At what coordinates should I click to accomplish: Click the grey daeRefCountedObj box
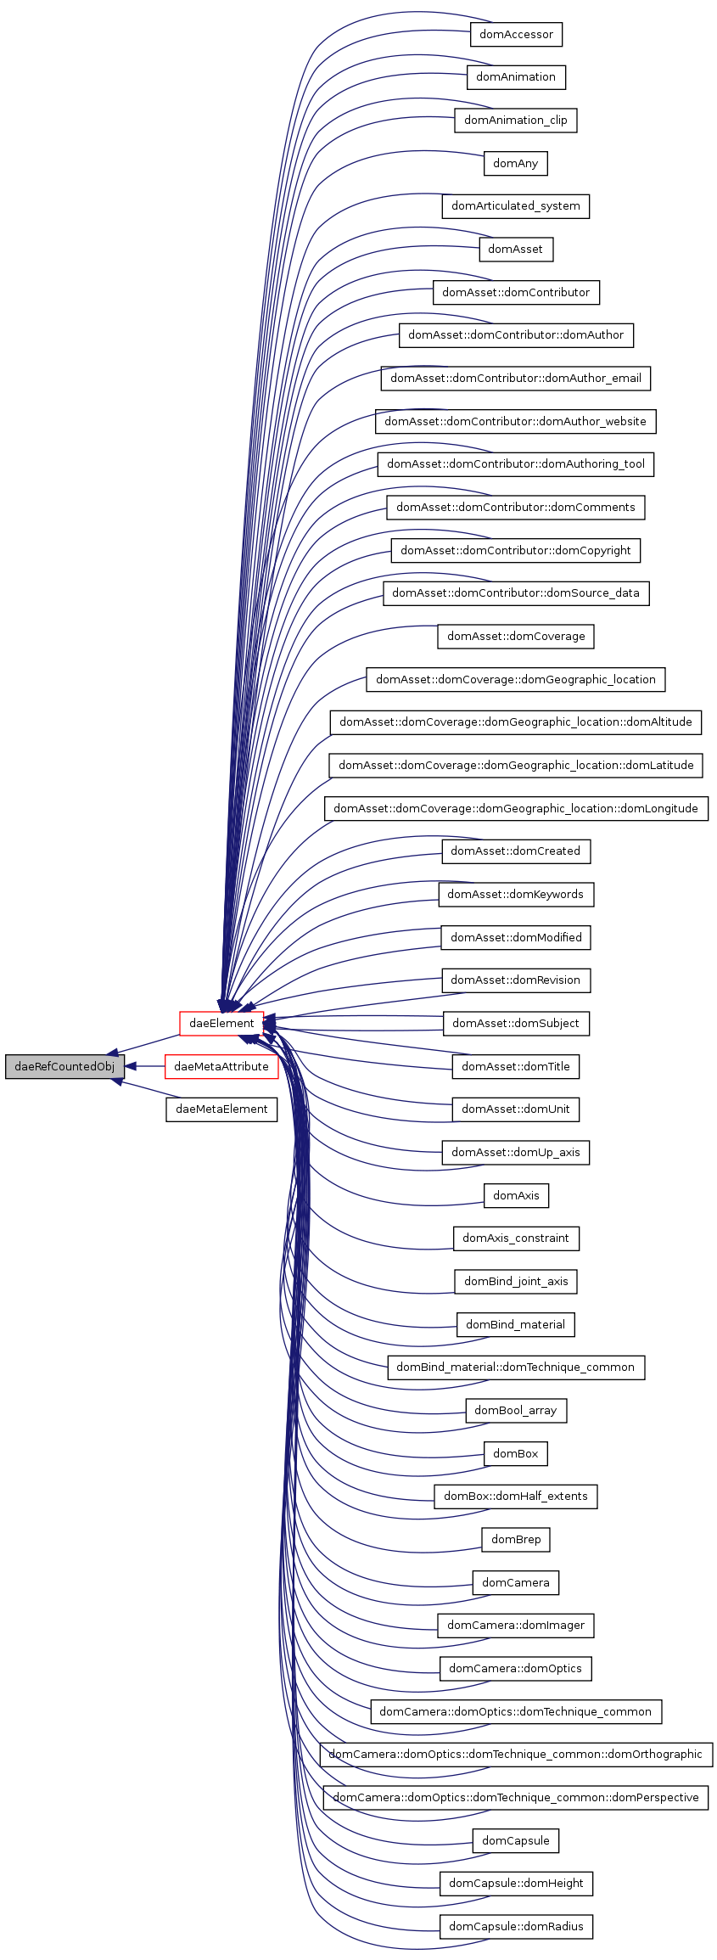tap(64, 1067)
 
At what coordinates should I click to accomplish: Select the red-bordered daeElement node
tap(221, 1024)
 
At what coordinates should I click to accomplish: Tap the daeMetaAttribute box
tap(221, 1067)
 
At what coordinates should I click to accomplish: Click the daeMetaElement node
tap(221, 1109)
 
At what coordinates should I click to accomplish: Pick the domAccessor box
tap(516, 35)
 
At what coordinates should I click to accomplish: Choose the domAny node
tap(515, 164)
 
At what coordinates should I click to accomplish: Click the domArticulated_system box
tap(515, 206)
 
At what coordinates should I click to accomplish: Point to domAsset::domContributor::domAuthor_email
tap(515, 379)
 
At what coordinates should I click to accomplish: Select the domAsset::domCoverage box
tap(515, 637)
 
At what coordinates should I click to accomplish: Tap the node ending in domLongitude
tap(515, 809)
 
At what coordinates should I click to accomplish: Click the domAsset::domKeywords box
tap(515, 895)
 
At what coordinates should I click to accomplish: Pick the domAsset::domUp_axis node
tap(515, 1153)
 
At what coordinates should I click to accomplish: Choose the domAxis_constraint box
tap(515, 1238)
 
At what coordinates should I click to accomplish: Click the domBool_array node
tap(515, 1411)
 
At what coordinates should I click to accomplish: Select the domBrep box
tap(515, 1540)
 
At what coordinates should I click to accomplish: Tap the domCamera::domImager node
tap(515, 1626)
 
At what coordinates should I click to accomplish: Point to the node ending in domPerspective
tap(515, 1798)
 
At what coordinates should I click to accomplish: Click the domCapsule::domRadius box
tap(515, 1927)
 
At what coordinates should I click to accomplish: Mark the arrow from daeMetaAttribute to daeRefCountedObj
tap(145, 1067)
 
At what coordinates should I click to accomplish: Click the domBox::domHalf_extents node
tap(515, 1497)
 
